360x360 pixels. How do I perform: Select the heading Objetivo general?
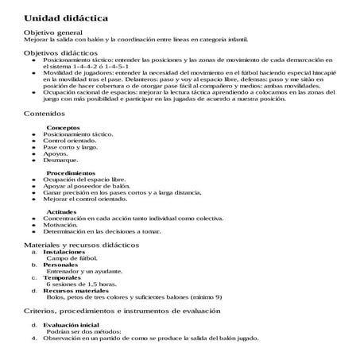53,32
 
